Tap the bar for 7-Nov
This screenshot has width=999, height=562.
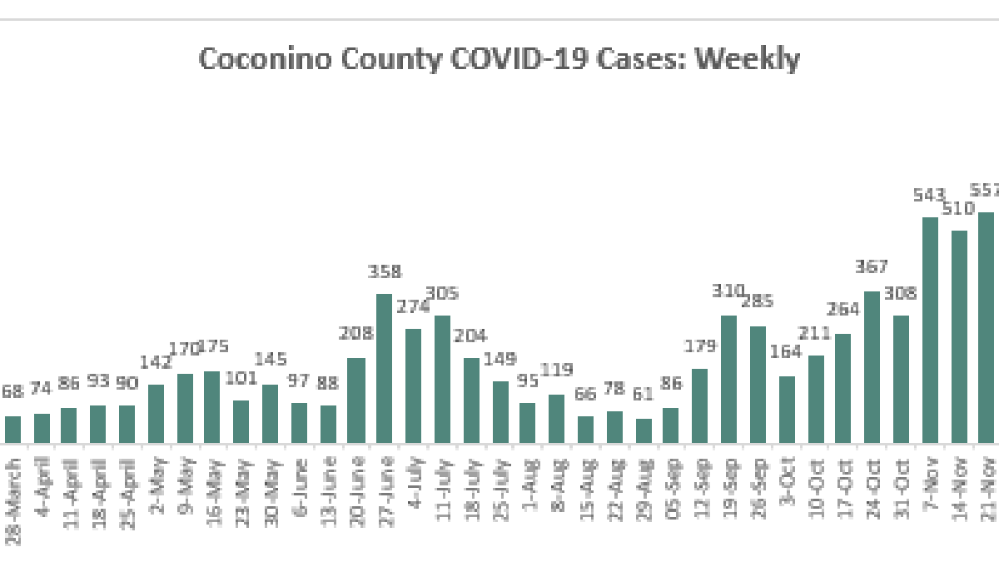pyautogui.click(x=930, y=330)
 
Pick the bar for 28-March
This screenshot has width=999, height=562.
pyautogui.click(x=12, y=430)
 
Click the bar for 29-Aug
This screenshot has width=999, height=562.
pyautogui.click(x=644, y=430)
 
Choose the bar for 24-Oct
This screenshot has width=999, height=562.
pyautogui.click(x=872, y=367)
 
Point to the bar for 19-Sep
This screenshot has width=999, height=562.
pyautogui.click(x=729, y=379)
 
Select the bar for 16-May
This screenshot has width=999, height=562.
pyautogui.click(x=212, y=407)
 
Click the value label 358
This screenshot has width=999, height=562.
pyautogui.click(x=385, y=271)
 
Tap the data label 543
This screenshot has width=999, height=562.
pyautogui.click(x=929, y=196)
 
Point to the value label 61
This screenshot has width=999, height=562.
pyautogui.click(x=644, y=394)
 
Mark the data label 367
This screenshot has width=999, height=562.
pyautogui.click(x=872, y=267)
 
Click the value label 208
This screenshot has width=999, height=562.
pyautogui.click(x=355, y=334)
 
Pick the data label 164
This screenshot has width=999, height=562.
pyautogui.click(x=787, y=351)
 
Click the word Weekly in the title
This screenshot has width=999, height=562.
pyautogui.click(x=748, y=60)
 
